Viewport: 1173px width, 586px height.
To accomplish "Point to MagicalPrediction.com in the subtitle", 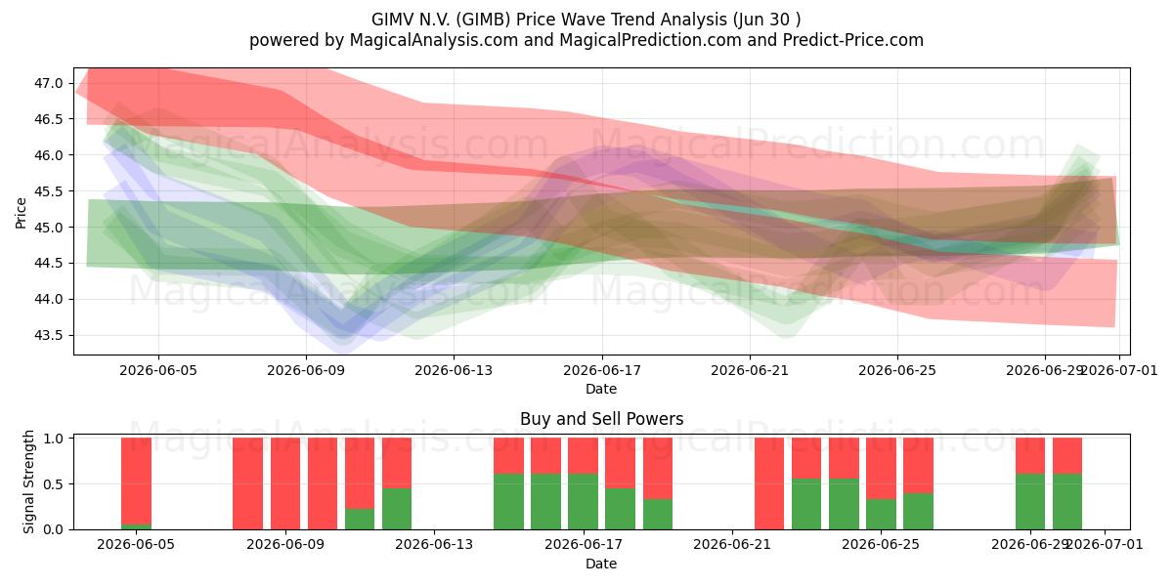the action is pos(650,40).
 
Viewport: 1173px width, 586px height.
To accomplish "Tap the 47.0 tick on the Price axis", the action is pos(48,83).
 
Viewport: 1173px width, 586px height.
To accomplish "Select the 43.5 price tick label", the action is pos(48,335).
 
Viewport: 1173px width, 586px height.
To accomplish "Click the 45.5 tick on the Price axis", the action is pos(48,191).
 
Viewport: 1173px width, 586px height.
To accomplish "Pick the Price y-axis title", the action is pos(21,213).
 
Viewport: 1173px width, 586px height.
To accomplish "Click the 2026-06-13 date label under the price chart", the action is pos(454,370).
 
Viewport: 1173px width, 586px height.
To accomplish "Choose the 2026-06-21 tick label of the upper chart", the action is pos(750,370).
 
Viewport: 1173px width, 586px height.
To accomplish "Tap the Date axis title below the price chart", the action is pos(601,389).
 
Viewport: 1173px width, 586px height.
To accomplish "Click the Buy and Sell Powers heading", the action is pos(602,419).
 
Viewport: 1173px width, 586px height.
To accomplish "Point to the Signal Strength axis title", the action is pos(28,481).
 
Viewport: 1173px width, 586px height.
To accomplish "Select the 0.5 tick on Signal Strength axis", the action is pos(54,484).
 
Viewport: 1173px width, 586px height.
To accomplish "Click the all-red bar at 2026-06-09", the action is pos(285,483).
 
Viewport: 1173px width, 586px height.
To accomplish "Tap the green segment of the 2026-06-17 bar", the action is pos(583,502).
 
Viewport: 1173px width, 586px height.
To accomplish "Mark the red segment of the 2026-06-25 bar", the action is pos(881,468).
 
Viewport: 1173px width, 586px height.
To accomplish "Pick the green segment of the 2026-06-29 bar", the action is pos(1030,502).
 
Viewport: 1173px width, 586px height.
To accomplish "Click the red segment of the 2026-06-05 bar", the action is pos(136,481).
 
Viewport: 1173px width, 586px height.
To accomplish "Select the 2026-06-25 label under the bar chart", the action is pos(881,545).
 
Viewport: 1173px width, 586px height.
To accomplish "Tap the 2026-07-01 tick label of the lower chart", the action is pos(1105,545).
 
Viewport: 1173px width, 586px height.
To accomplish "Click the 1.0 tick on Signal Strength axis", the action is pos(54,439).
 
